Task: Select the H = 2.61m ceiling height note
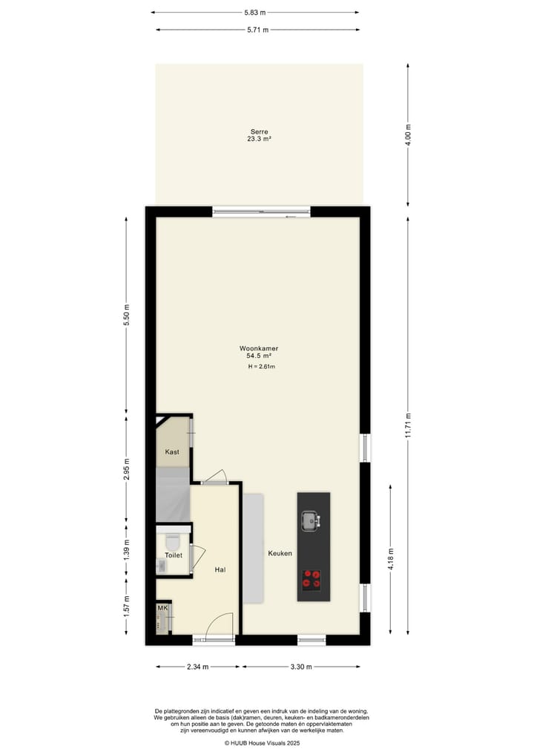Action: (x=262, y=367)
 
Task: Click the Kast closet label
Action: (x=172, y=452)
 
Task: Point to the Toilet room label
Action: (x=174, y=555)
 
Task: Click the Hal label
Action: (x=220, y=569)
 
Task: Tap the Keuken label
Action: (x=280, y=554)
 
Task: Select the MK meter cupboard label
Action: (x=162, y=609)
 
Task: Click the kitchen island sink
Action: (x=310, y=519)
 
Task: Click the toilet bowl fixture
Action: (x=174, y=541)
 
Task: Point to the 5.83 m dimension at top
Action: (x=255, y=13)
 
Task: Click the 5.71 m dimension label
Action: (x=257, y=30)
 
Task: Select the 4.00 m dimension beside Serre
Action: (x=408, y=135)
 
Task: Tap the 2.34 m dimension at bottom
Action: (x=198, y=666)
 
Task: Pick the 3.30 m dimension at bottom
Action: (x=301, y=666)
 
